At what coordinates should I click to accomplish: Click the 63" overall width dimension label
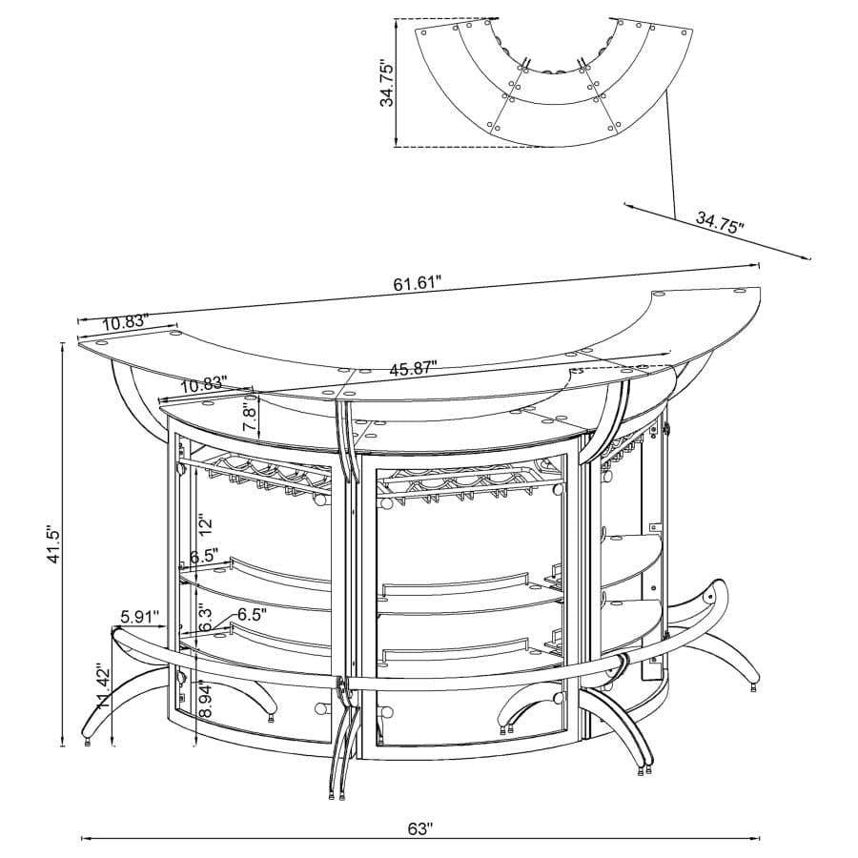419,828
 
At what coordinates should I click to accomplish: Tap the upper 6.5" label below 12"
202,555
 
